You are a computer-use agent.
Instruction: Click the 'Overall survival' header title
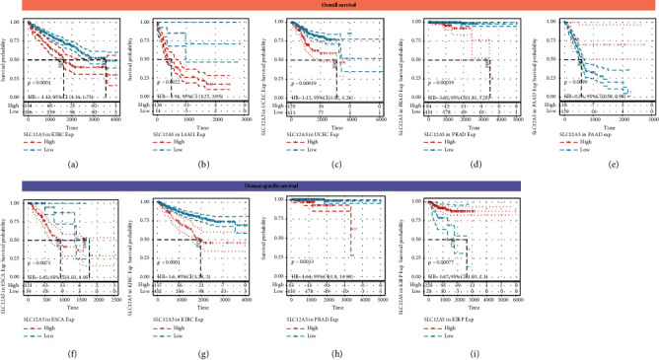[329, 6]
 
